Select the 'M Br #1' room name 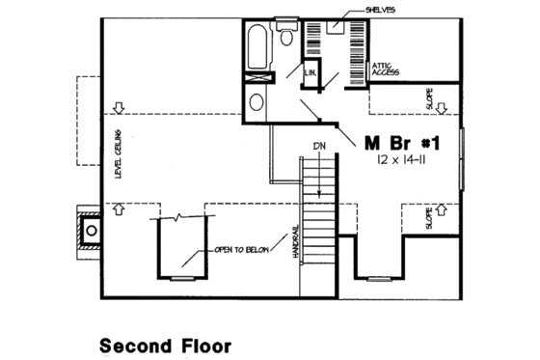403,143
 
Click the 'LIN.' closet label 311,72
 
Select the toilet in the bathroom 288,37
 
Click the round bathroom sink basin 257,102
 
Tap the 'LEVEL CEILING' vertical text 117,153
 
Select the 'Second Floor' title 165,344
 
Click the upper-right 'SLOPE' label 429,99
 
